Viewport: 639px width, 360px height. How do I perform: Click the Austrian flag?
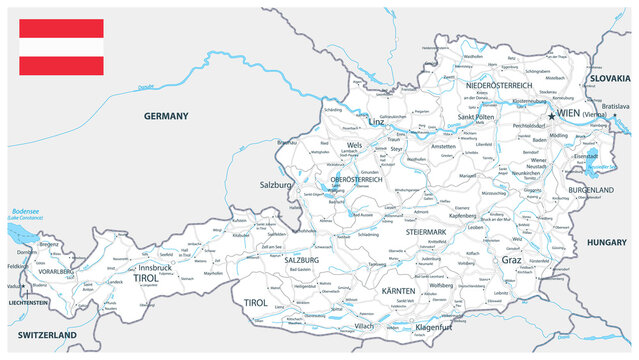60,47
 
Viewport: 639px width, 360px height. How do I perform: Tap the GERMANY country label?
166,116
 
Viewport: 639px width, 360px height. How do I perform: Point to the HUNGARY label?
606,243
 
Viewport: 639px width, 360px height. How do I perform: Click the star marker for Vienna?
550,116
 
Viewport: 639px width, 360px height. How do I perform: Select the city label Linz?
376,122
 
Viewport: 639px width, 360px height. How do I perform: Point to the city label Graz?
512,260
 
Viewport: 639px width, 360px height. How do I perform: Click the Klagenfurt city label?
442,327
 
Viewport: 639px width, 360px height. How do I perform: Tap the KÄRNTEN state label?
405,290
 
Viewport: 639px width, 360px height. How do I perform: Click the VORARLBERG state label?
50,272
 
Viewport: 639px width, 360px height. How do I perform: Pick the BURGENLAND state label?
589,189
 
